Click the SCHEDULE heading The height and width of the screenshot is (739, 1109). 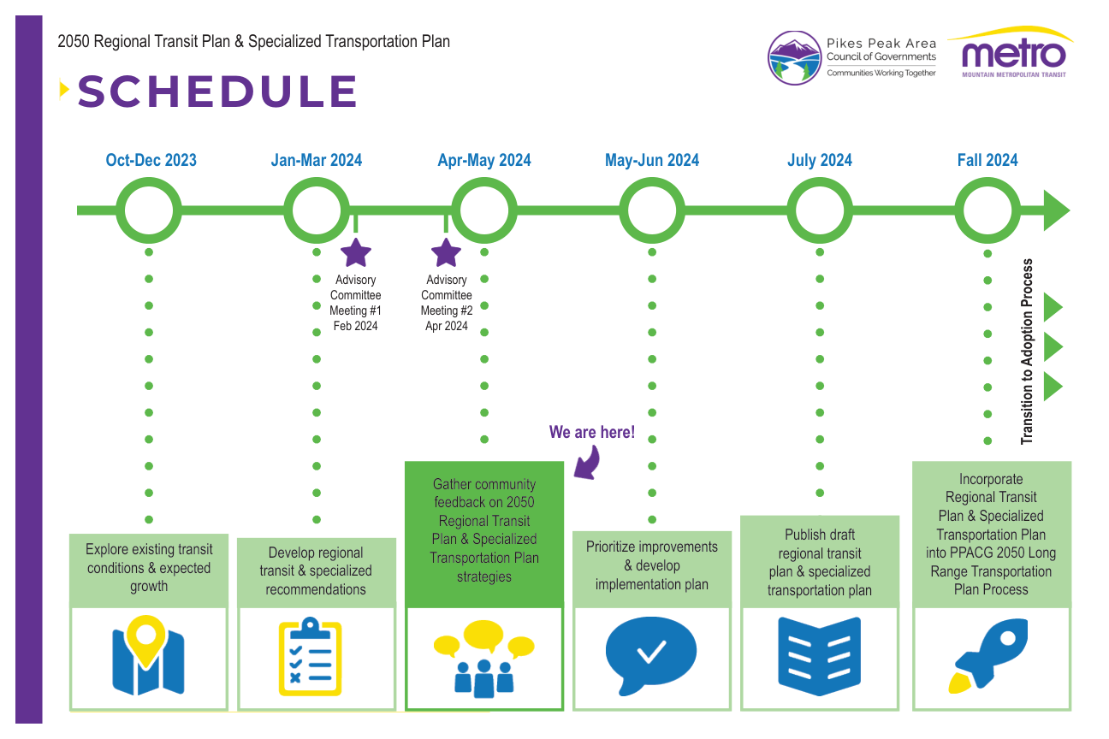click(x=217, y=92)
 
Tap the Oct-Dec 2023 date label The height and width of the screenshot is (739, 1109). click(x=151, y=160)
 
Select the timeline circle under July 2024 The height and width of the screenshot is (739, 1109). click(x=820, y=210)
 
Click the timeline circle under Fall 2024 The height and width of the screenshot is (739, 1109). click(x=987, y=210)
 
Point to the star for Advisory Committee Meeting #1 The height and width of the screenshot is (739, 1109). click(x=356, y=253)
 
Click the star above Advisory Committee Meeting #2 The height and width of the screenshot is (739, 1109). click(x=446, y=253)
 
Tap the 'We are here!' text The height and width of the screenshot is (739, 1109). click(x=592, y=432)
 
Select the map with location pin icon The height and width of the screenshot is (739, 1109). click(x=148, y=655)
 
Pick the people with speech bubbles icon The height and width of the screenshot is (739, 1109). click(x=483, y=657)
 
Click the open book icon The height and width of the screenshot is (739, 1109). click(x=819, y=658)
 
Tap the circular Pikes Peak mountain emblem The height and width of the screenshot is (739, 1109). click(x=796, y=57)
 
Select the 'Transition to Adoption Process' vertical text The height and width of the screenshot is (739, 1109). click(x=1028, y=352)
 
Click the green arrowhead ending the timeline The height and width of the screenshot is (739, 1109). click(x=1056, y=210)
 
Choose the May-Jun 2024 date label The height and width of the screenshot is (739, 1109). click(x=652, y=160)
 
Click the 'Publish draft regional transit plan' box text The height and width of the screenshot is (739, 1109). click(x=820, y=562)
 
